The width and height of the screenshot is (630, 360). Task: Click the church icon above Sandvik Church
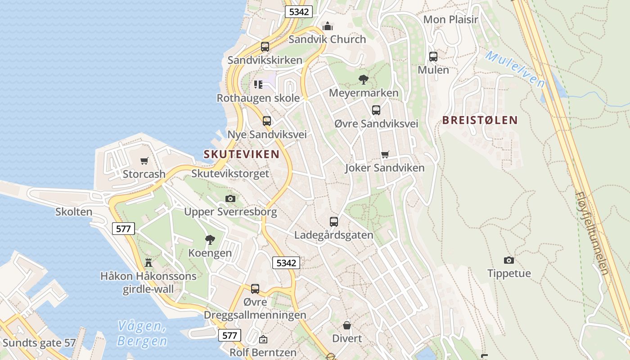[328, 27]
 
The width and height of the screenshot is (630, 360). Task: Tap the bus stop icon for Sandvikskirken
[265, 47]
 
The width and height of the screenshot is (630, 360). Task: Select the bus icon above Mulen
[433, 57]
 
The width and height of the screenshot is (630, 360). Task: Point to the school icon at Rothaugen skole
[258, 85]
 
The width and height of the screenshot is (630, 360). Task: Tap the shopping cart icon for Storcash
[144, 161]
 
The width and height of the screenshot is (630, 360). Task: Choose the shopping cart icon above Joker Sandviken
[385, 155]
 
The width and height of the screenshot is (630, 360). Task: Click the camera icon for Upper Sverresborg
[230, 198]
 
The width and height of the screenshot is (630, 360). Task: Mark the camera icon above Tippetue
[509, 260]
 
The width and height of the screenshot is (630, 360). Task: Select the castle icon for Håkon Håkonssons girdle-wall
[148, 263]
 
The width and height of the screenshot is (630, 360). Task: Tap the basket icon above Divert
[347, 325]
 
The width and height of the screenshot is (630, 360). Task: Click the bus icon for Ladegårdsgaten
[333, 221]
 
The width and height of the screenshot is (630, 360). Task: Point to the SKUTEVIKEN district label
[242, 154]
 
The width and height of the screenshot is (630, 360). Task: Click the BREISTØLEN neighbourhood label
[480, 120]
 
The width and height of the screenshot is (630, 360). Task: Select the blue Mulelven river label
[515, 69]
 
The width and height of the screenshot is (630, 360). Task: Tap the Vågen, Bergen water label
[142, 333]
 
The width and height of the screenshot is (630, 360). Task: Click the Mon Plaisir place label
[450, 19]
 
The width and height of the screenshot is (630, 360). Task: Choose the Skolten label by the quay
[74, 211]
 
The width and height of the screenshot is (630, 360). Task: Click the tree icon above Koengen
[210, 240]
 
